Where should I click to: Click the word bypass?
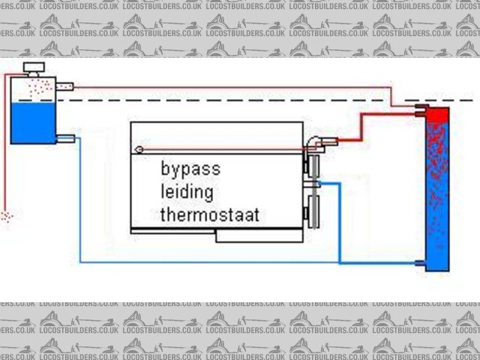point(190,169)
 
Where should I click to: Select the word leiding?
point(187,193)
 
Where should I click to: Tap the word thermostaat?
point(209,215)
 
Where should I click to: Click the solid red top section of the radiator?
point(437,115)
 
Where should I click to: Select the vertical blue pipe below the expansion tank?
point(79,202)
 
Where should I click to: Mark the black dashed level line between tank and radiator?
point(225,100)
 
